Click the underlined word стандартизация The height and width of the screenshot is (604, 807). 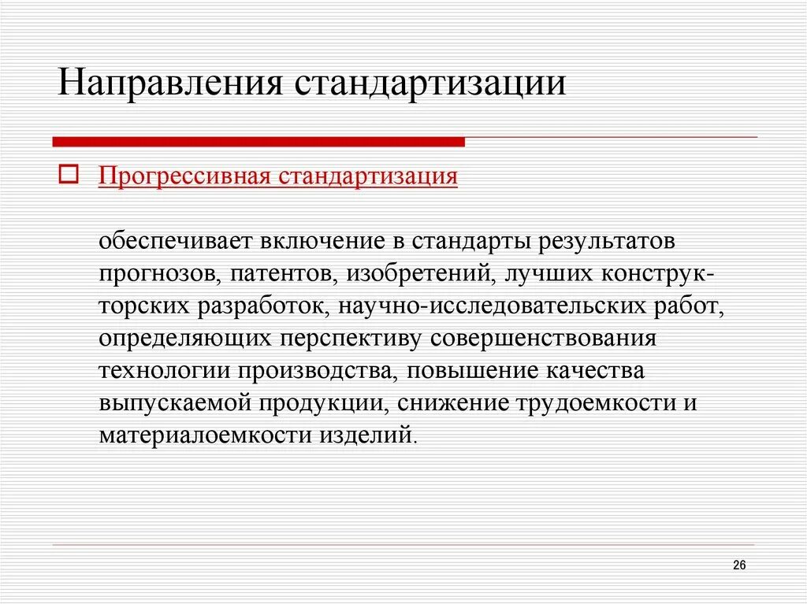pos(367,176)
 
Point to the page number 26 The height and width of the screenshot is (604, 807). pos(739,565)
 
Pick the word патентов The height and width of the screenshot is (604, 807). pos(281,272)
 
